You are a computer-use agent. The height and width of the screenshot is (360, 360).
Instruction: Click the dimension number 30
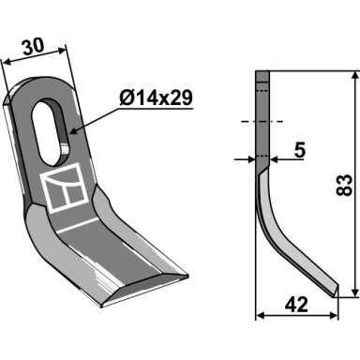pos(33,47)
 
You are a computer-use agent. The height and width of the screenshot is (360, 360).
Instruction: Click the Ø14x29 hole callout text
pos(156,98)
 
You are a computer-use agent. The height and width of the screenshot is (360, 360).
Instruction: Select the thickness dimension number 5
pos(300,150)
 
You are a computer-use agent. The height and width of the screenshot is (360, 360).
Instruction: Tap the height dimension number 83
pos(344,186)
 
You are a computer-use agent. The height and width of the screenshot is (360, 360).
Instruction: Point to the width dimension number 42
pos(296,305)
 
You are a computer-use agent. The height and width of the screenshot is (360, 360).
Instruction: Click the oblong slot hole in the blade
pos(50,132)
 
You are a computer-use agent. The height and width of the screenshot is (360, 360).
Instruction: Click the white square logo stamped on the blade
pos(64,188)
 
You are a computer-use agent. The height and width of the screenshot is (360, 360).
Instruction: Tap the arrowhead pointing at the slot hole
pos(74,131)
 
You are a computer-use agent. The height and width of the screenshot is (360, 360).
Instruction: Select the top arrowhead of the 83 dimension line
pos(355,76)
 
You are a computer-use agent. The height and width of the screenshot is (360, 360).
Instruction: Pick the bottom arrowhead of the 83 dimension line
pos(355,292)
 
